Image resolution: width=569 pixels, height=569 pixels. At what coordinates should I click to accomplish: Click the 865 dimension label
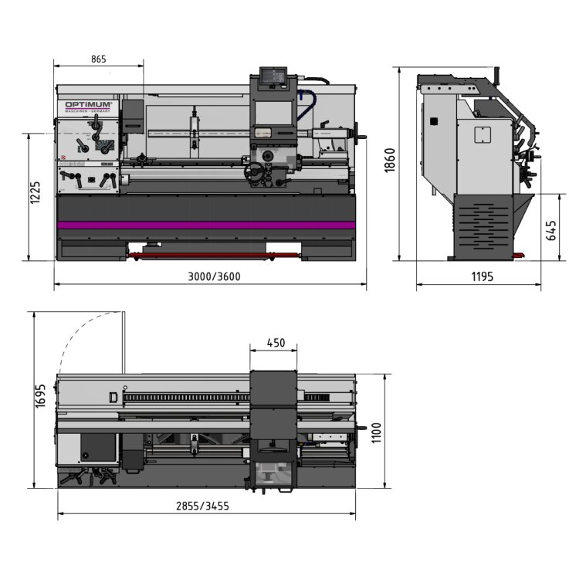tap(98, 59)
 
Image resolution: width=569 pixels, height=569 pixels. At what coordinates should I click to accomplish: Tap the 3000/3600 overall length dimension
tap(208, 278)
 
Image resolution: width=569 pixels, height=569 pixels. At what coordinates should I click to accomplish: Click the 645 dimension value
tap(550, 229)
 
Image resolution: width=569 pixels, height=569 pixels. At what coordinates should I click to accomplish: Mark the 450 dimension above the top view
tap(275, 342)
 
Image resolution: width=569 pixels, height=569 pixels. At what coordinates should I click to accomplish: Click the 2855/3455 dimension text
tap(202, 506)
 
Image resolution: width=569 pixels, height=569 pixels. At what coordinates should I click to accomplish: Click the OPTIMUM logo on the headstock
tap(89, 105)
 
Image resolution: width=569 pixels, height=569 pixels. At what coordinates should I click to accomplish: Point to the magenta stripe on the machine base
tap(206, 225)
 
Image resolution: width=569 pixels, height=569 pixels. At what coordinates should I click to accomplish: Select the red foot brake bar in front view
tap(208, 253)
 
